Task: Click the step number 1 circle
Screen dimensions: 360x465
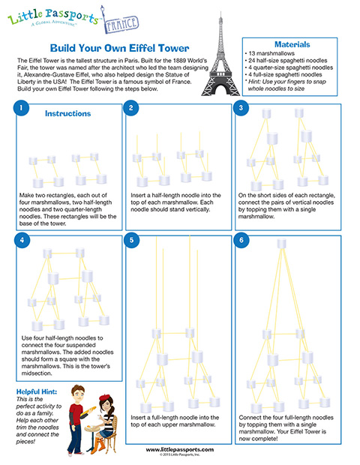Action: tap(21, 108)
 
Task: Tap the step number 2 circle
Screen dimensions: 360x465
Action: tap(130, 108)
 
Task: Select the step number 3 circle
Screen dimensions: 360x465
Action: tap(241, 108)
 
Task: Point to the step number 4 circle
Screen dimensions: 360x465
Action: tap(22, 240)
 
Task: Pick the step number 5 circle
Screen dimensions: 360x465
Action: tap(132, 240)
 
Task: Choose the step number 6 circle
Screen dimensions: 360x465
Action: tap(241, 240)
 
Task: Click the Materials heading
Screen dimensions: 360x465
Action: tap(292, 44)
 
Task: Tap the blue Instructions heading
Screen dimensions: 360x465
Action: tap(68, 113)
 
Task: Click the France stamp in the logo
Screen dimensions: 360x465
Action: tap(121, 24)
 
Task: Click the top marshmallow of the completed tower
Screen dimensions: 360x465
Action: tap(281, 244)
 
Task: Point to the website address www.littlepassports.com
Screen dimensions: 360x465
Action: tap(180, 449)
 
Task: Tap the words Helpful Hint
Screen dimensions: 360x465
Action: tap(37, 391)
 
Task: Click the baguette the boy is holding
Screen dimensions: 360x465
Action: tap(89, 411)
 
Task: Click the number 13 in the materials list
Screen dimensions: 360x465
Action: tap(252, 53)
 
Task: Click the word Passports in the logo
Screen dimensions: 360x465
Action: tap(71, 16)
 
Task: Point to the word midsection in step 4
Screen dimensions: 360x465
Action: tap(37, 373)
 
